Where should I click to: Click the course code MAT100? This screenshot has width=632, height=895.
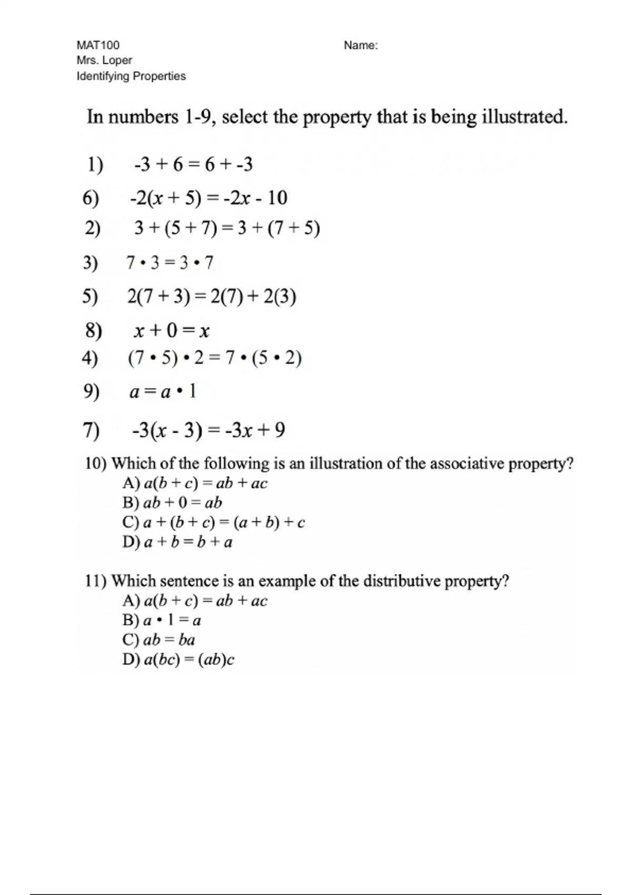click(98, 45)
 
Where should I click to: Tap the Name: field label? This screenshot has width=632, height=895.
click(361, 46)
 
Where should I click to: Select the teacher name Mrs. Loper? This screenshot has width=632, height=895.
click(104, 61)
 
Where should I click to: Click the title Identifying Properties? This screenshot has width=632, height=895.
click(131, 76)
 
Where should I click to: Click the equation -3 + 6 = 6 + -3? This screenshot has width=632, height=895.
click(193, 165)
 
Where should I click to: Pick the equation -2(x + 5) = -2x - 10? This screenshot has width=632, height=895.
click(209, 198)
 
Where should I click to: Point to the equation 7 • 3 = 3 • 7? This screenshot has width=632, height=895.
click(170, 262)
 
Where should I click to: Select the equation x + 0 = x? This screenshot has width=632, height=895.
click(172, 331)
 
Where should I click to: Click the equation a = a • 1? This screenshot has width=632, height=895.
click(163, 392)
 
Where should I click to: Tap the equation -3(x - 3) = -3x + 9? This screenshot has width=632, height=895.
click(209, 430)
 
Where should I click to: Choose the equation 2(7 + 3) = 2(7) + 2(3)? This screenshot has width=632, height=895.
click(212, 297)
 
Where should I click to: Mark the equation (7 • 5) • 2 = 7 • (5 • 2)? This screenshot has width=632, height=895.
click(214, 359)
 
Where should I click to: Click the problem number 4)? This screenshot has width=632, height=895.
click(90, 359)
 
